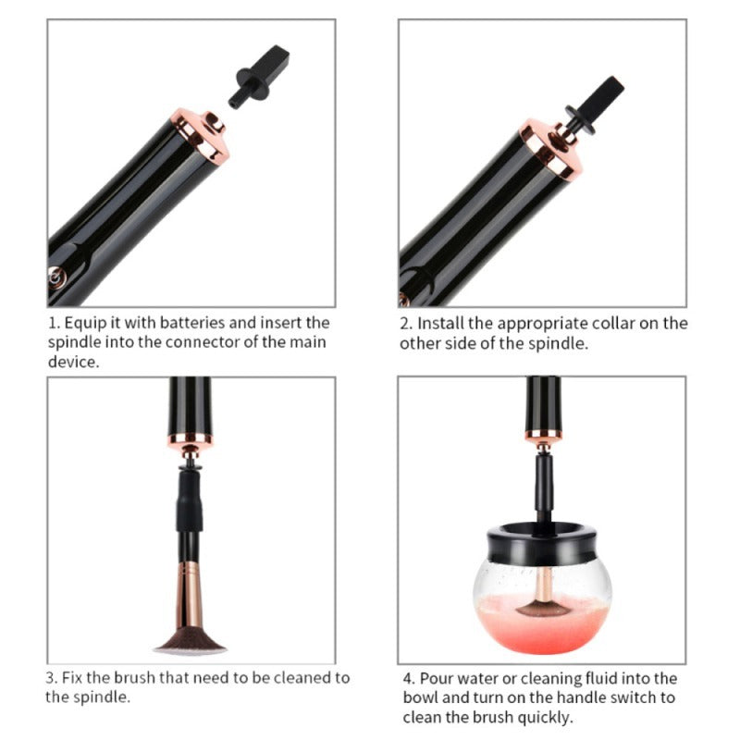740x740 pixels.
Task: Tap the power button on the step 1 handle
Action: pyautogui.click(x=56, y=275)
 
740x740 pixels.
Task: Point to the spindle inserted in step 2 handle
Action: pyautogui.click(x=592, y=105)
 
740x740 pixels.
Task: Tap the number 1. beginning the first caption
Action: pyautogui.click(x=54, y=323)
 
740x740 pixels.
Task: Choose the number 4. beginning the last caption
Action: pyautogui.click(x=409, y=679)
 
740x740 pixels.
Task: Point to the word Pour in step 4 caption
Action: pyautogui.click(x=437, y=679)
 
